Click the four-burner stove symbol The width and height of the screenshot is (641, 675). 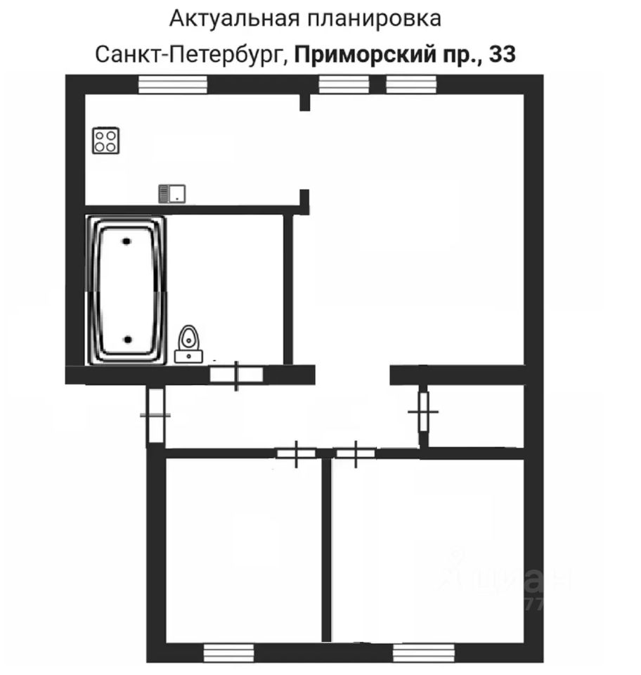(107, 141)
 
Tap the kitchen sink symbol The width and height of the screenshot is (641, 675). (171, 193)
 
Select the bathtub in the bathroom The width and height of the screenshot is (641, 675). (127, 290)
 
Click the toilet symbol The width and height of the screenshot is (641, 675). (188, 345)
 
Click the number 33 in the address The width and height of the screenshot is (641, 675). (502, 54)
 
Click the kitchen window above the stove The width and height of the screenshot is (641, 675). (172, 84)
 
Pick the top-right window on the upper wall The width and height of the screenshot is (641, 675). (412, 84)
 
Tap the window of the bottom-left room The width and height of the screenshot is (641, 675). (228, 652)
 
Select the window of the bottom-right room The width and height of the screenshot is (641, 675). (420, 652)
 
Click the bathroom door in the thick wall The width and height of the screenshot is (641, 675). (237, 375)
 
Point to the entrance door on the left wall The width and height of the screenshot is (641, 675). (155, 415)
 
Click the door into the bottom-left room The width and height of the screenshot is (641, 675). (295, 454)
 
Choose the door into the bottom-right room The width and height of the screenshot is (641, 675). (355, 454)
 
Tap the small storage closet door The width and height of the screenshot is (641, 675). (423, 411)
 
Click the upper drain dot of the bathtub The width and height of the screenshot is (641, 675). (127, 241)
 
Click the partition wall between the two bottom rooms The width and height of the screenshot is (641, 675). (326, 548)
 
